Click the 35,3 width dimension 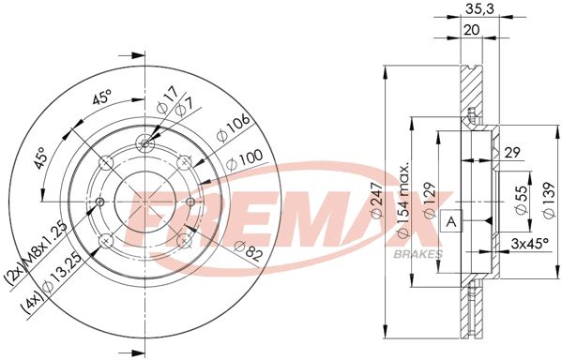[479, 9]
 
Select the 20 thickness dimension [471, 30]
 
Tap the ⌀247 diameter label [377, 200]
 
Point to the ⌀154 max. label [403, 201]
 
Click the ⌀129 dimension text [430, 200]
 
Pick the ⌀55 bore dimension [522, 200]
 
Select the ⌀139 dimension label [549, 200]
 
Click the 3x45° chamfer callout [529, 244]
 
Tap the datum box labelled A [451, 221]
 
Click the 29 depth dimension [512, 153]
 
